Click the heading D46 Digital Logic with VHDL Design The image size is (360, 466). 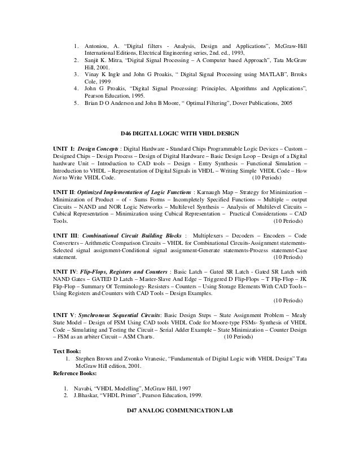(x=181, y=134)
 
